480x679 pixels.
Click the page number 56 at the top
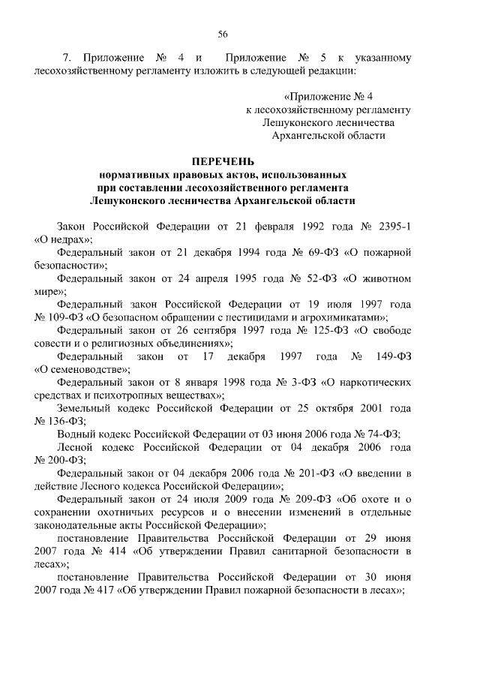223,33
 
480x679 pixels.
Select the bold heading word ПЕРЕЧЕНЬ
223,161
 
